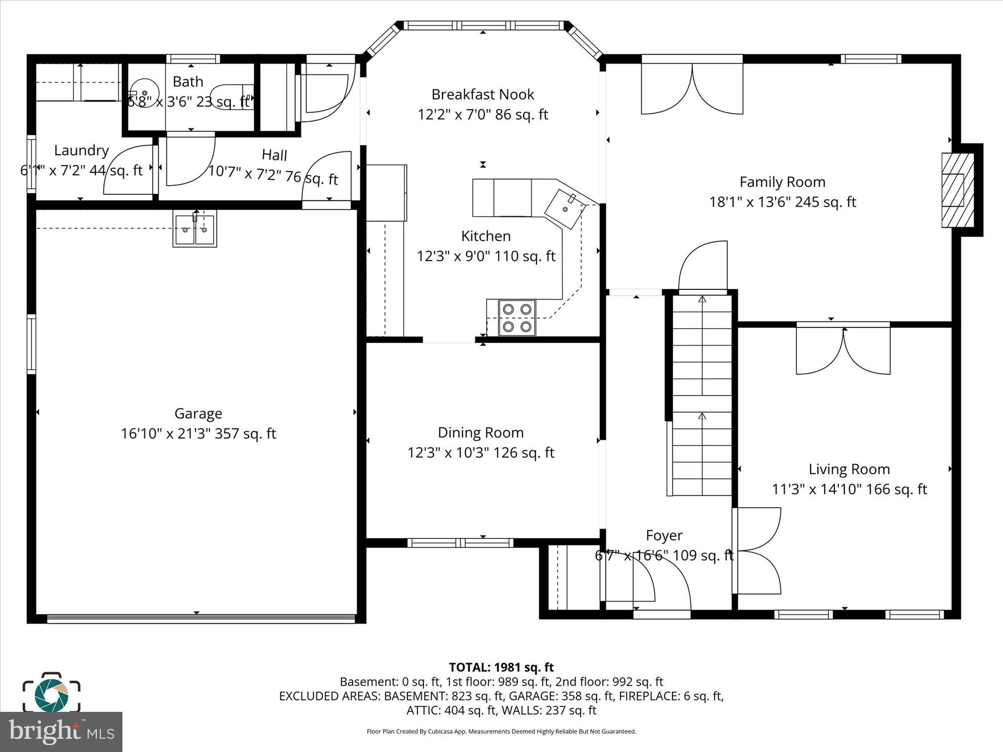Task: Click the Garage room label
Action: point(198,414)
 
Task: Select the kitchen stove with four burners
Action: point(517,318)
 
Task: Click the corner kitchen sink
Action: point(565,209)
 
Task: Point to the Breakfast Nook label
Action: point(482,94)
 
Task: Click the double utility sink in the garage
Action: point(194,229)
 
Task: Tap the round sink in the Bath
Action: point(143,92)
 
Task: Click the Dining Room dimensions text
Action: point(480,453)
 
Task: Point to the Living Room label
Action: point(849,469)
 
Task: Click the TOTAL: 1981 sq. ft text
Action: point(501,667)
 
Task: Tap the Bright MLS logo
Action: point(61,732)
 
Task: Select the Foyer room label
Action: point(664,535)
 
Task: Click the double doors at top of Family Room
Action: point(692,88)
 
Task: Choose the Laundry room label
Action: point(81,150)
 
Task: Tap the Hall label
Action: point(274,155)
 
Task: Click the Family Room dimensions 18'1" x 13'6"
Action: point(782,202)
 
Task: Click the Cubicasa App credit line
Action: point(501,731)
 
